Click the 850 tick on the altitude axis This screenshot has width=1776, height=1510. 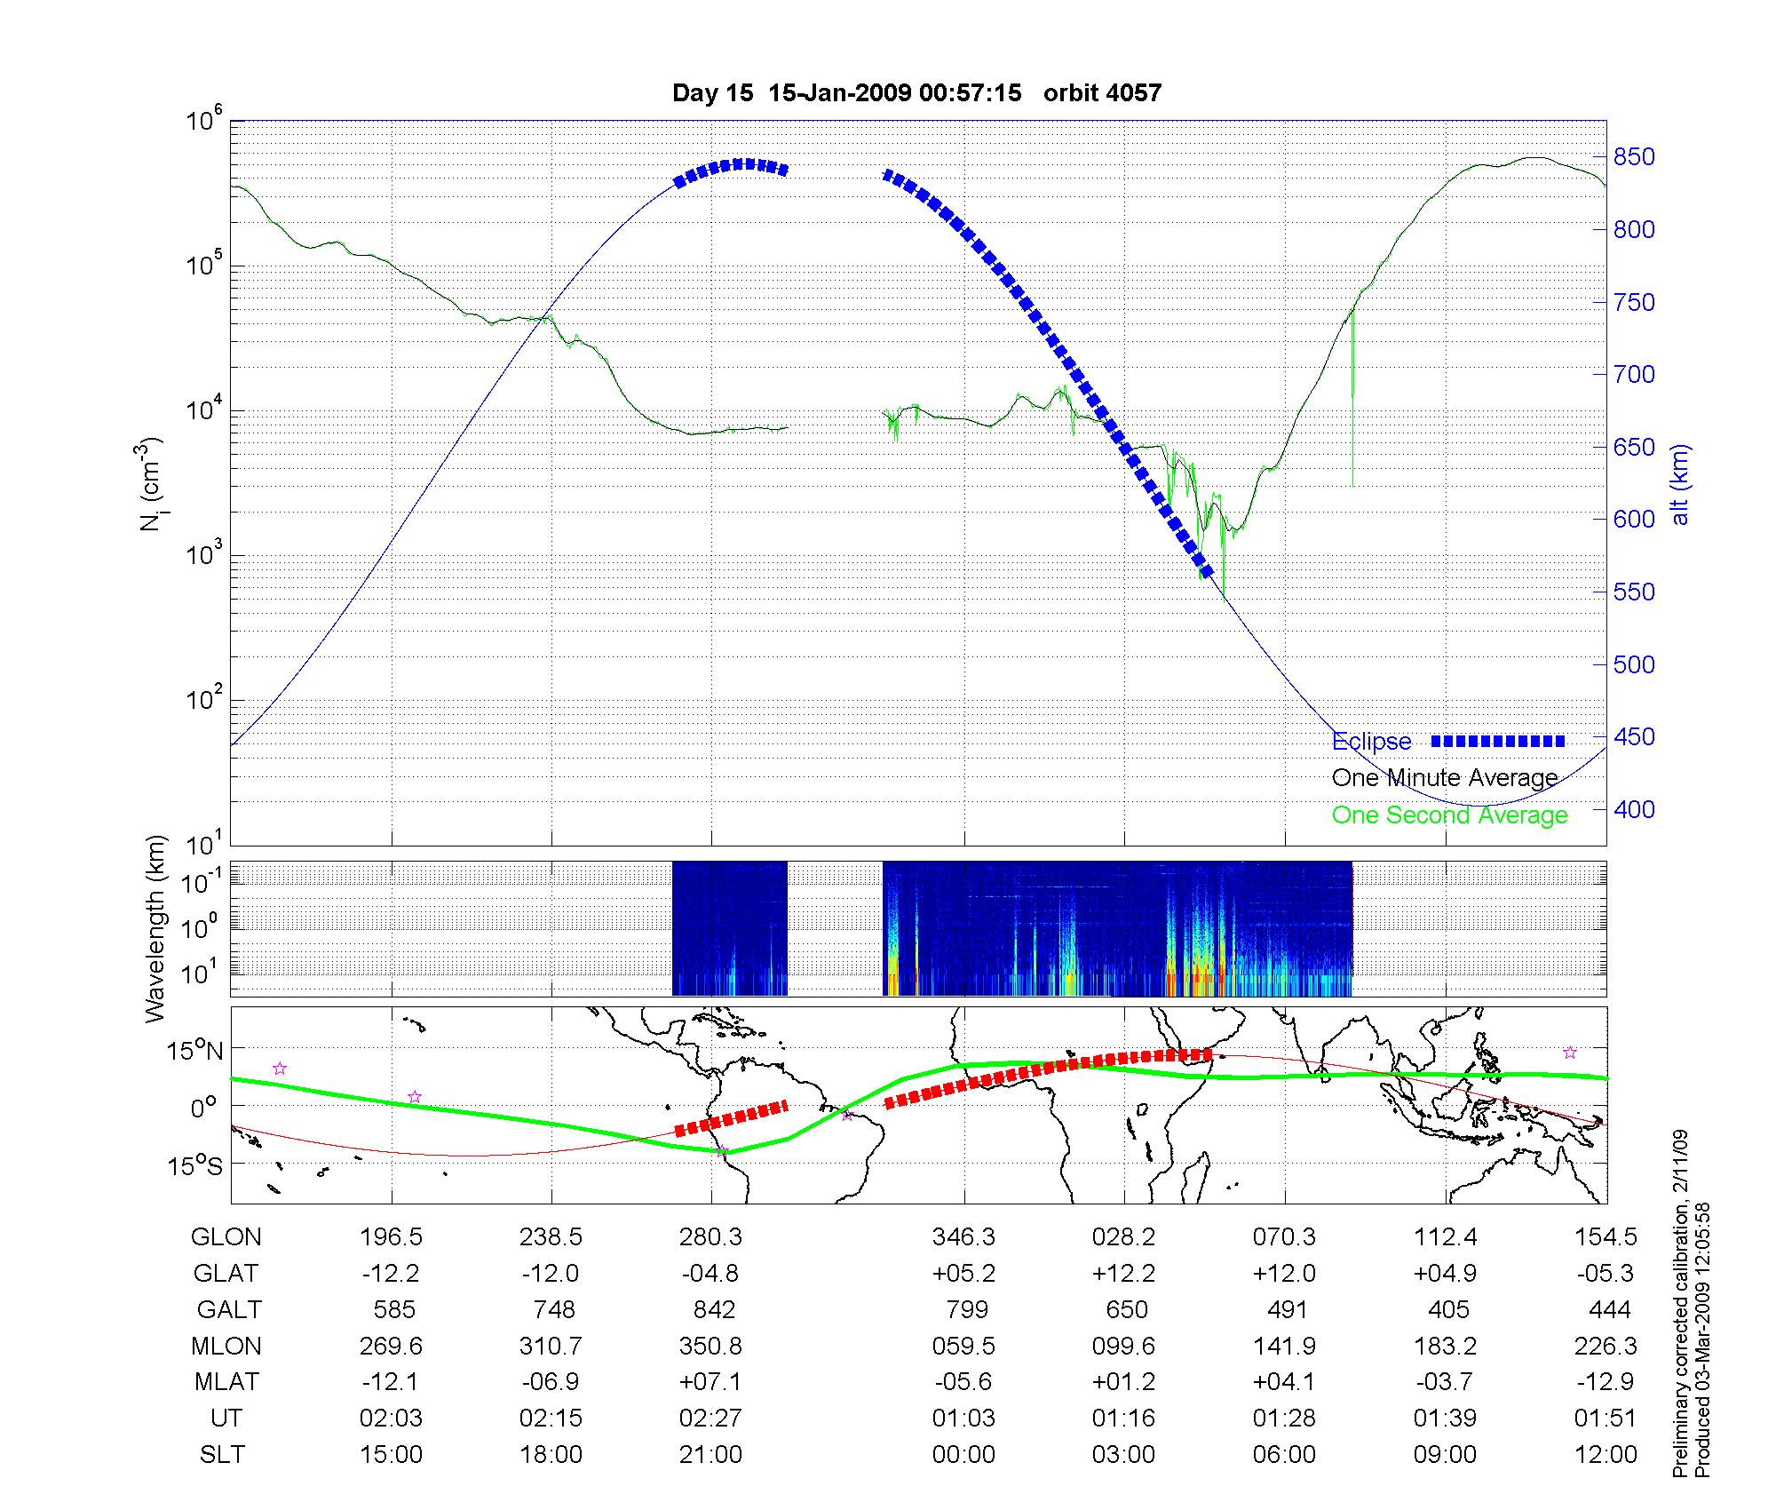pos(1634,157)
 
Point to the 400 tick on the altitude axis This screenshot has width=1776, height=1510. pos(1634,809)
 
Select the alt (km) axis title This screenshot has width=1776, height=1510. pos(1680,484)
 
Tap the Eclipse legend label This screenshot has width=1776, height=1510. pos(1371,742)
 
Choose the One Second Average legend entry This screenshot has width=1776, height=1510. pos(1449,815)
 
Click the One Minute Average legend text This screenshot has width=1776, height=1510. pos(1445,778)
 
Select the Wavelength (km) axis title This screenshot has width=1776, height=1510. pos(156,928)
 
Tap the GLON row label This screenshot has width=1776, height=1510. pos(226,1237)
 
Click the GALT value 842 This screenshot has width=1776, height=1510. pos(714,1310)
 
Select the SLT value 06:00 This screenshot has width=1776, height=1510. pos(1284,1455)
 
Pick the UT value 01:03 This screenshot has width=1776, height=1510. pos(963,1419)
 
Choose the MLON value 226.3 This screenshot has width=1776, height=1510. pos(1606,1347)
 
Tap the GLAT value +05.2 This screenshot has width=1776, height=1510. pos(963,1274)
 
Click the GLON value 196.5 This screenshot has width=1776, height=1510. pos(391,1237)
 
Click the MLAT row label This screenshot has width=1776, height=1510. pos(226,1382)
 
